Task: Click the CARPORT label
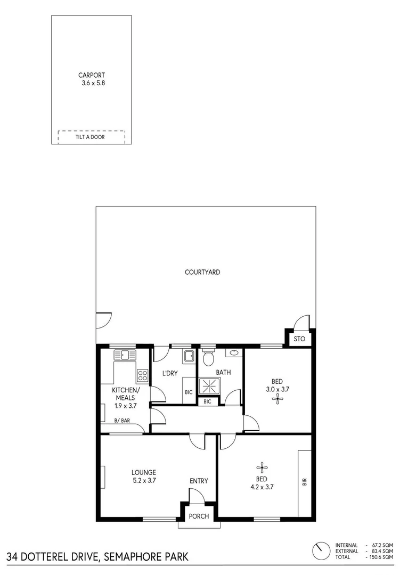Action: point(91,75)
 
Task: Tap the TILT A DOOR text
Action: point(89,137)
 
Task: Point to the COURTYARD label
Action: point(202,272)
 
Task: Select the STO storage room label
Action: point(299,339)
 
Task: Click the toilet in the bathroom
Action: point(208,356)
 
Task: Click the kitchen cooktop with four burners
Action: point(142,375)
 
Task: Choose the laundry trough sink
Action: point(189,356)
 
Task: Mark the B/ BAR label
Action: point(123,421)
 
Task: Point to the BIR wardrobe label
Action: point(305,482)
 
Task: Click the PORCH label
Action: point(199,516)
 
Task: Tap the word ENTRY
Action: point(199,481)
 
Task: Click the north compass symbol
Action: point(321,551)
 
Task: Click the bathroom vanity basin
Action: point(234,352)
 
